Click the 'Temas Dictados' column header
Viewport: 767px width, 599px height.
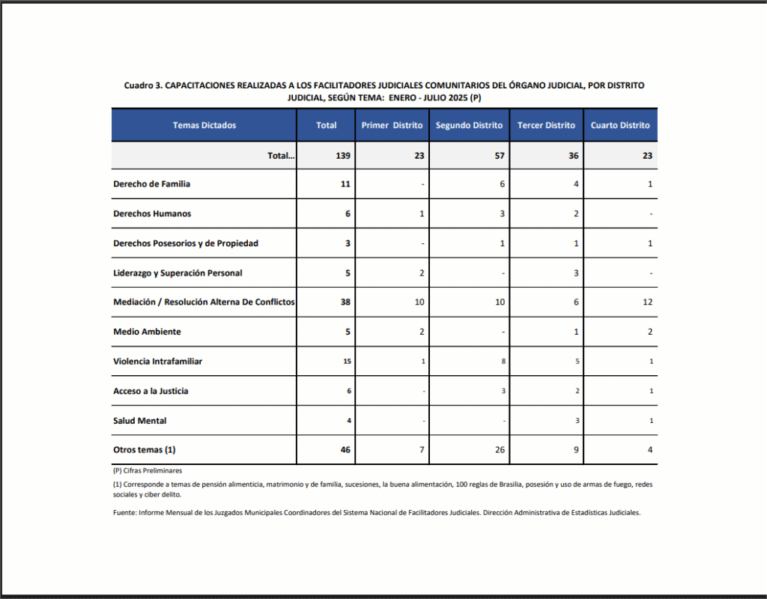(204, 125)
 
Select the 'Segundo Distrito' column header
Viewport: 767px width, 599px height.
(469, 125)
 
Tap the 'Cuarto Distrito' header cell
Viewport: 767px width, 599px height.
(620, 125)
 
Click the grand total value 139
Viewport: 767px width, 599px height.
(326, 156)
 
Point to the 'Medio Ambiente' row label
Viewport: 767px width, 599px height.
(147, 332)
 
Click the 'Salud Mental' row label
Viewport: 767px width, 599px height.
(139, 421)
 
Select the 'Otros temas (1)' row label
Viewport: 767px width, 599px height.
(144, 450)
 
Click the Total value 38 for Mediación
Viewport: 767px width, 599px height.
(345, 302)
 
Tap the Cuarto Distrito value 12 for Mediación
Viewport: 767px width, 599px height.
(647, 302)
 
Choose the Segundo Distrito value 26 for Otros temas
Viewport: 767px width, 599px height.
(500, 450)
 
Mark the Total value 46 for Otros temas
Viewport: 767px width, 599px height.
(345, 450)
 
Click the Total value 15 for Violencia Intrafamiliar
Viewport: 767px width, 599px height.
(347, 362)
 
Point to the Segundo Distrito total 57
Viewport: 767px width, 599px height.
(500, 156)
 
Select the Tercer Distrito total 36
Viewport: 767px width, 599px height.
(574, 156)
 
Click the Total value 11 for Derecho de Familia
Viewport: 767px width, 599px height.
(345, 183)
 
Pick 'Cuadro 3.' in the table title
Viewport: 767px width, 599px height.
(143, 85)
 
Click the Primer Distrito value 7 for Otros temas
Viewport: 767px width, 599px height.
(422, 450)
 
